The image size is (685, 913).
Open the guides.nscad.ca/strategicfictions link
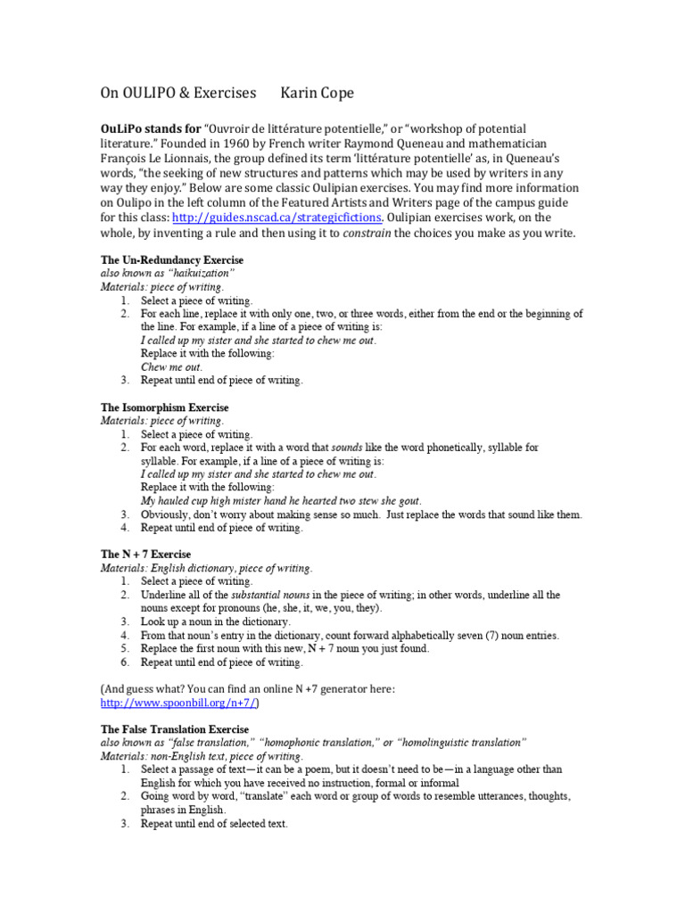[277, 217]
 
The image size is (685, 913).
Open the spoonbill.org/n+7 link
[177, 703]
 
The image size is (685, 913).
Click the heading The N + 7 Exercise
[145, 555]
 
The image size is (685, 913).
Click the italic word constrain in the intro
[371, 233]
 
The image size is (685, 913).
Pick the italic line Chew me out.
[172, 366]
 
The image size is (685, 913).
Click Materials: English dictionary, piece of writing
[206, 568]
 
